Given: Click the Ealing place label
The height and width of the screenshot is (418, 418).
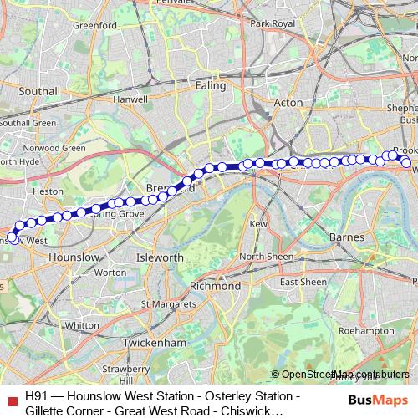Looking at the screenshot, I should pyautogui.click(x=210, y=85).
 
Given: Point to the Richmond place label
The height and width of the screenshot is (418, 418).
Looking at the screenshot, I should pyautogui.click(x=216, y=285).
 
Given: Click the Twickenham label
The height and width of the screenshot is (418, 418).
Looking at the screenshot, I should pyautogui.click(x=154, y=343).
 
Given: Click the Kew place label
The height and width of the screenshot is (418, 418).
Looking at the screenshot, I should pyautogui.click(x=258, y=224).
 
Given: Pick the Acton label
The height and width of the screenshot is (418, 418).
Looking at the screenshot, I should pyautogui.click(x=288, y=103).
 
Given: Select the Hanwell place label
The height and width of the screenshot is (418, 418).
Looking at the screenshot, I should pyautogui.click(x=130, y=99).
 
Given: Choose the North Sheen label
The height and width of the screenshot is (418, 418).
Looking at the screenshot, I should pyautogui.click(x=266, y=257).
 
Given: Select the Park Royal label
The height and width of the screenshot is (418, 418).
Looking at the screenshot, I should pyautogui.click(x=273, y=23).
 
